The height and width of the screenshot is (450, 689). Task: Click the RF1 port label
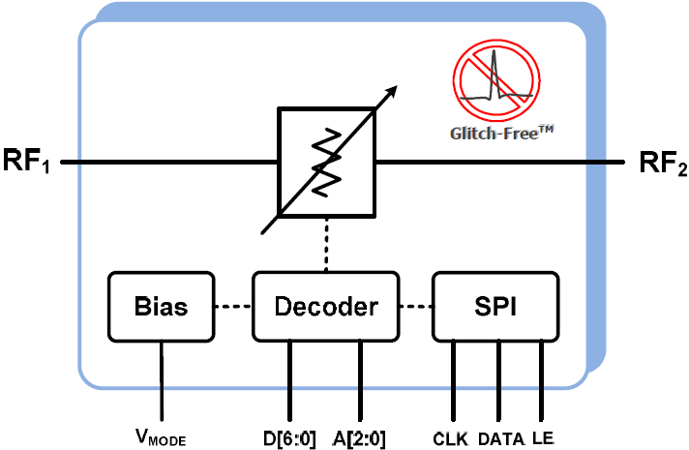point(27,162)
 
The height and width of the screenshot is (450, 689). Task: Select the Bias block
point(161,307)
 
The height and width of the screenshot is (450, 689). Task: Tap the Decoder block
point(324,307)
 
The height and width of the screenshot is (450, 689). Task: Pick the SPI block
point(495,307)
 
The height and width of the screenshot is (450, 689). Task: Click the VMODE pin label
point(161,438)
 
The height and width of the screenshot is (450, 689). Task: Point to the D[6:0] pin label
point(290,437)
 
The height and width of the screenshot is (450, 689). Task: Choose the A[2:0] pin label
point(361,437)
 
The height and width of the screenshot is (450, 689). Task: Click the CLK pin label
point(451,437)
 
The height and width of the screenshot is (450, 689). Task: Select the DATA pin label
point(500,437)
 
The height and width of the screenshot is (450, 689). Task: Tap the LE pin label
point(543,437)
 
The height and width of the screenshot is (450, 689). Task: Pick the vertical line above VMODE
point(161,381)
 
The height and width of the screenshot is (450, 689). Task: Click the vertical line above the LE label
point(542,381)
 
